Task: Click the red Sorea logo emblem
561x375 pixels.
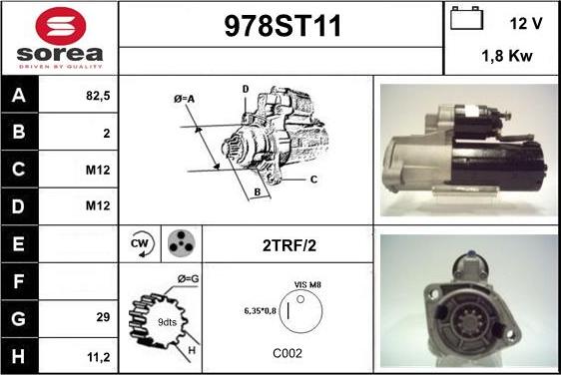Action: (61, 26)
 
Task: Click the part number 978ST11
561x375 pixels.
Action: (282, 26)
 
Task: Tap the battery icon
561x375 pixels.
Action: (466, 18)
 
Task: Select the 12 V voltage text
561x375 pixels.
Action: (526, 24)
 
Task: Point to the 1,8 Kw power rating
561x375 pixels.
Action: (507, 56)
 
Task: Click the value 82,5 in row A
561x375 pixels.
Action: (98, 96)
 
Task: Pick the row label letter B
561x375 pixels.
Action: (19, 132)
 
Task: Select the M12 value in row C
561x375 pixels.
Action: (98, 170)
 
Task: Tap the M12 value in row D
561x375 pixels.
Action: (98, 205)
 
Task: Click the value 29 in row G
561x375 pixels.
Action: (103, 317)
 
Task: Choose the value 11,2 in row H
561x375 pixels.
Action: (99, 357)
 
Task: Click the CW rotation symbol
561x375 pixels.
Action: (141, 244)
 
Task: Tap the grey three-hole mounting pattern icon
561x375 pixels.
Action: (182, 243)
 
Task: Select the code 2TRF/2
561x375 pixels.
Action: (289, 246)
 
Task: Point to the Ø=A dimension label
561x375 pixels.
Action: (185, 99)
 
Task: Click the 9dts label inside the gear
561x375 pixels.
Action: (167, 322)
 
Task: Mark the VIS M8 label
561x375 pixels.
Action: (307, 285)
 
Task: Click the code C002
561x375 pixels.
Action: (287, 353)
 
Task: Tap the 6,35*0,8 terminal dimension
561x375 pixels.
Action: (261, 311)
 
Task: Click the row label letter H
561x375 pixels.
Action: (19, 356)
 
